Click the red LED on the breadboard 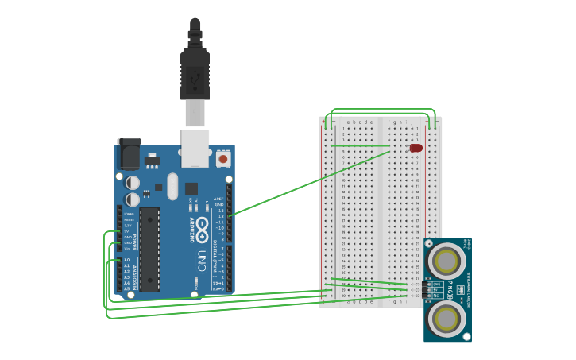tap(416, 148)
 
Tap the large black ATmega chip tap(149, 249)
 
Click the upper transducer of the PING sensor tap(446, 261)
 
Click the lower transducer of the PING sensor tap(446, 317)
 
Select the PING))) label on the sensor tap(450, 289)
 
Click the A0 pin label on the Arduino tap(126, 260)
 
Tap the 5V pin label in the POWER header tap(127, 231)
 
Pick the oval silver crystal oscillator tap(172, 186)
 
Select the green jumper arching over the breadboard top tap(382, 110)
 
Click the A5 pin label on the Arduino tap(126, 288)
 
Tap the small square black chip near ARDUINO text tap(191, 188)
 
